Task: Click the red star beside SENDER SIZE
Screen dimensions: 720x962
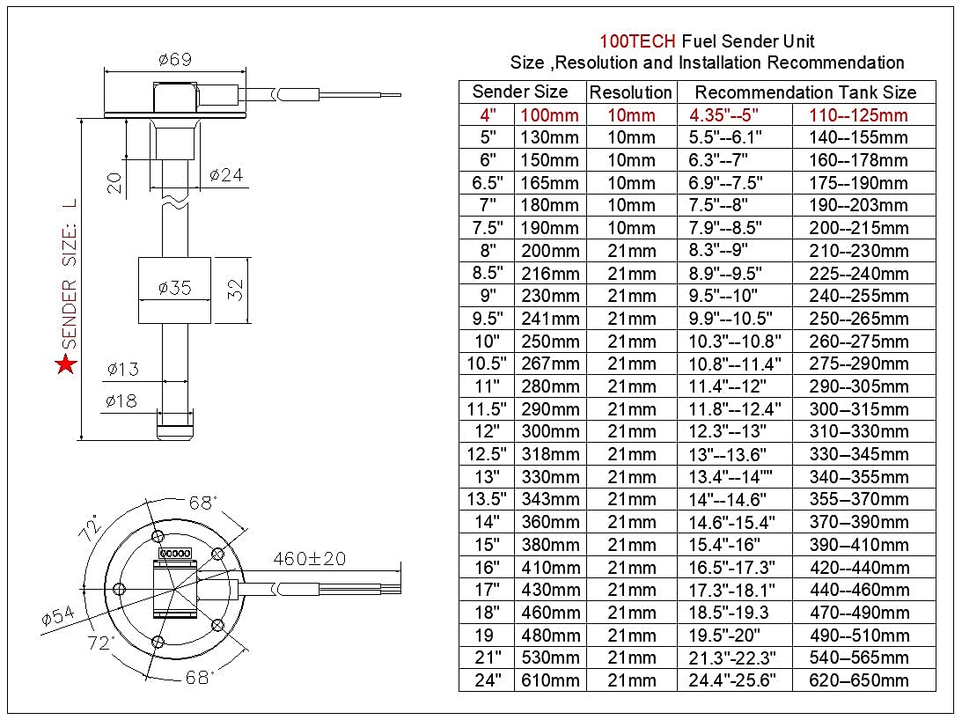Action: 65,364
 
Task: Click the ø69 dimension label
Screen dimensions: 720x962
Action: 175,60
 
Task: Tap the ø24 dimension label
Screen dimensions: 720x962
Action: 226,175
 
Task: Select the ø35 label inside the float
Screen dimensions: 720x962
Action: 174,287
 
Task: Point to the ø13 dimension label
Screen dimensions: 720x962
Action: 122,369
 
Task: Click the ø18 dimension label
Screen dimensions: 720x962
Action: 122,401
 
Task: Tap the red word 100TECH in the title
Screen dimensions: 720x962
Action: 638,41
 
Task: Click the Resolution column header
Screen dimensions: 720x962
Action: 630,92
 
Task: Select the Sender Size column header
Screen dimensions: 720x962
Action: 520,92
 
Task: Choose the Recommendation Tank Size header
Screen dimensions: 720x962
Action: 805,92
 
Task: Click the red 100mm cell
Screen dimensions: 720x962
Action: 550,115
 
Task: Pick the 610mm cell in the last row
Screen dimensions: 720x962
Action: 551,680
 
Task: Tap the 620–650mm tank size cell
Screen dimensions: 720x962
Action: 859,680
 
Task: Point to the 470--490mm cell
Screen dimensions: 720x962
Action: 859,613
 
